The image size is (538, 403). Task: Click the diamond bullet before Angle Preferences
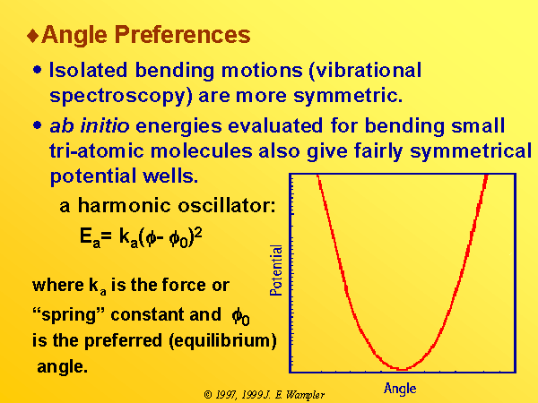pos(33,36)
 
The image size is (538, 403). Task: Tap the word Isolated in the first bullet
pos(88,70)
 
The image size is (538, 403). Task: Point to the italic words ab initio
pos(90,125)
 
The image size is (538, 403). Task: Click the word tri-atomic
pos(97,150)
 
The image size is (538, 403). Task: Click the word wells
pos(170,176)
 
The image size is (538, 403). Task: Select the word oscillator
pos(227,206)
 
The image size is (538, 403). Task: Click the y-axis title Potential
pos(276,270)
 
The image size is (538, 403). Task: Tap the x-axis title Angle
pos(400,389)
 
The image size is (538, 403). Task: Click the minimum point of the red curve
pos(402,369)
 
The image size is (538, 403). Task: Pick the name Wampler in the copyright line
pos(305,395)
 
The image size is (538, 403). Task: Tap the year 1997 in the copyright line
pos(226,395)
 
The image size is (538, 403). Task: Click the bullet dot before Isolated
pos(37,70)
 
